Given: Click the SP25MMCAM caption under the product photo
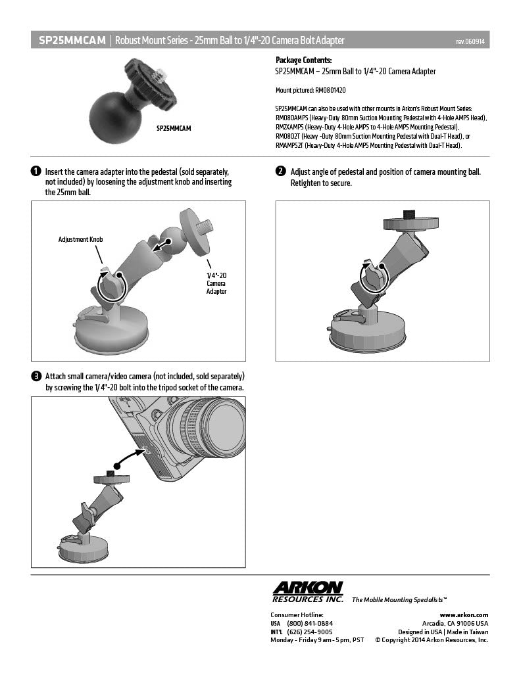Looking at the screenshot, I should (173, 129).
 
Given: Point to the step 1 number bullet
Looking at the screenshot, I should (36, 172).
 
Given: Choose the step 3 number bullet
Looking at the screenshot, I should (36, 377).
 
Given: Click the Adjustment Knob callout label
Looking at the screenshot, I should (80, 240).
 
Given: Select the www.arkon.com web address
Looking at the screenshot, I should (468, 614).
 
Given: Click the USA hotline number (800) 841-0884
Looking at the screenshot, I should (309, 623).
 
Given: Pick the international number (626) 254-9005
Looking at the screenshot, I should (309, 631).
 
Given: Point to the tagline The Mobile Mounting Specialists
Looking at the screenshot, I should (400, 600).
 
